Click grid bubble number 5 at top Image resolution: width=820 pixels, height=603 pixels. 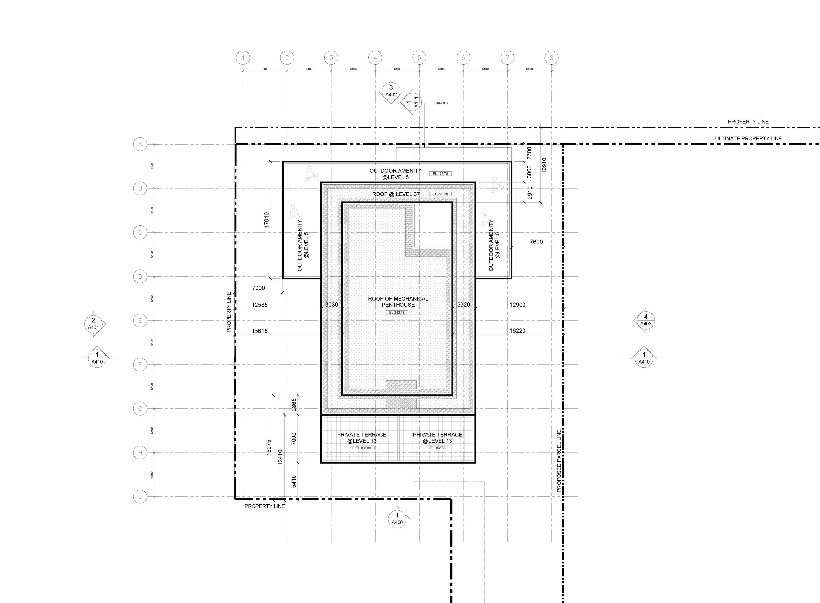pos(419,58)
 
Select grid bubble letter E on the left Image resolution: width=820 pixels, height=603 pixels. pos(140,321)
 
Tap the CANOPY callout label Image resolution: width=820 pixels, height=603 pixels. pos(441,103)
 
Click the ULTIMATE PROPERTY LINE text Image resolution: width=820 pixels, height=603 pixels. pos(748,138)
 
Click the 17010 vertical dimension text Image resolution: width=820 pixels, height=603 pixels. pos(266,220)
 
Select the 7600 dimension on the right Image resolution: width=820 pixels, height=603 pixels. pos(536,242)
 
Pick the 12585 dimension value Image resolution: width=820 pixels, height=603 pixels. pos(259,305)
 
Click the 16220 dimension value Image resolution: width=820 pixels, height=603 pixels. pos(517,331)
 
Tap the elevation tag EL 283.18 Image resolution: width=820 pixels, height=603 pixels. pos(397,312)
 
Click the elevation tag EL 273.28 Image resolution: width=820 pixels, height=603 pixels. pos(440,194)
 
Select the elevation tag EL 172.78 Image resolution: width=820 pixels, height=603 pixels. pos(440,174)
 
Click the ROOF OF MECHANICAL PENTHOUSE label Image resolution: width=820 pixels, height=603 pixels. pos(398,301)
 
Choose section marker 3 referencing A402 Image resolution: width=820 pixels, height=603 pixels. pos(391,91)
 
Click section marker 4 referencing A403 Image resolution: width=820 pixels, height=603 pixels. pos(646,320)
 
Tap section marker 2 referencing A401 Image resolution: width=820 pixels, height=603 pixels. pos(93,324)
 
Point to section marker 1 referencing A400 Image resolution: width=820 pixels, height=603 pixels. pos(397,519)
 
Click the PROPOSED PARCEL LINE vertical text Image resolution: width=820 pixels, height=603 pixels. pos(559,461)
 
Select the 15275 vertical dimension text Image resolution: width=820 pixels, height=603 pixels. pos(269,447)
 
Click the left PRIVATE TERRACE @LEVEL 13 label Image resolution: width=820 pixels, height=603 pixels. pos(361,438)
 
